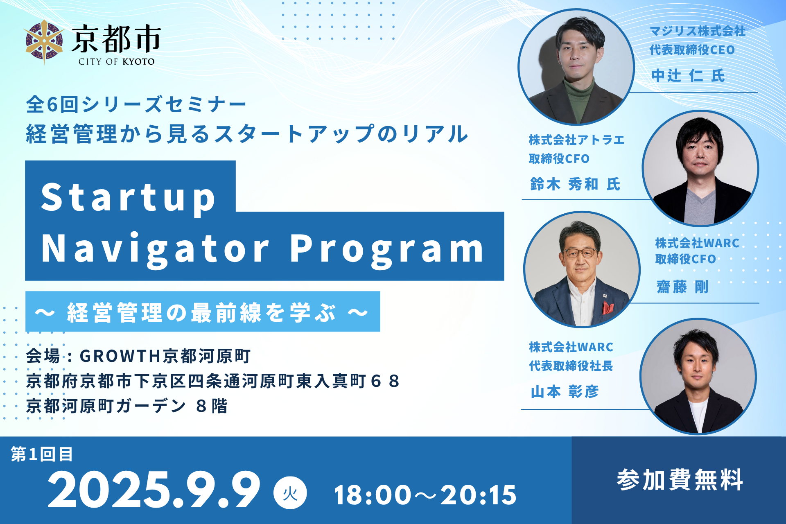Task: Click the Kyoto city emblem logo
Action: pyautogui.click(x=44, y=42)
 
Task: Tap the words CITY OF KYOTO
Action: pyautogui.click(x=117, y=62)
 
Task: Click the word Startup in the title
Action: pyautogui.click(x=129, y=198)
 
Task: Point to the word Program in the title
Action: pyautogui.click(x=387, y=249)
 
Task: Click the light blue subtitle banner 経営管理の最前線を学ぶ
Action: pyautogui.click(x=203, y=312)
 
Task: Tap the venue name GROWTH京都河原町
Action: pyautogui.click(x=165, y=356)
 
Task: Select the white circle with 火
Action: pyautogui.click(x=290, y=493)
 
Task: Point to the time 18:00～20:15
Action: pyautogui.click(x=425, y=495)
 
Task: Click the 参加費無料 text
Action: pyautogui.click(x=680, y=480)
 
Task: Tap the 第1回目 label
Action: pyautogui.click(x=42, y=454)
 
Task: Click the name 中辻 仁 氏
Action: pyautogui.click(x=688, y=76)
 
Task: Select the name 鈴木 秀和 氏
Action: pyautogui.click(x=576, y=184)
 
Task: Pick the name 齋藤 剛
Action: pyautogui.click(x=682, y=287)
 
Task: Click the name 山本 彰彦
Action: pyautogui.click(x=565, y=392)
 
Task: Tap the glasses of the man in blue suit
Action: pyautogui.click(x=580, y=253)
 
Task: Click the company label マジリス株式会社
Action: pyautogui.click(x=698, y=31)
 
